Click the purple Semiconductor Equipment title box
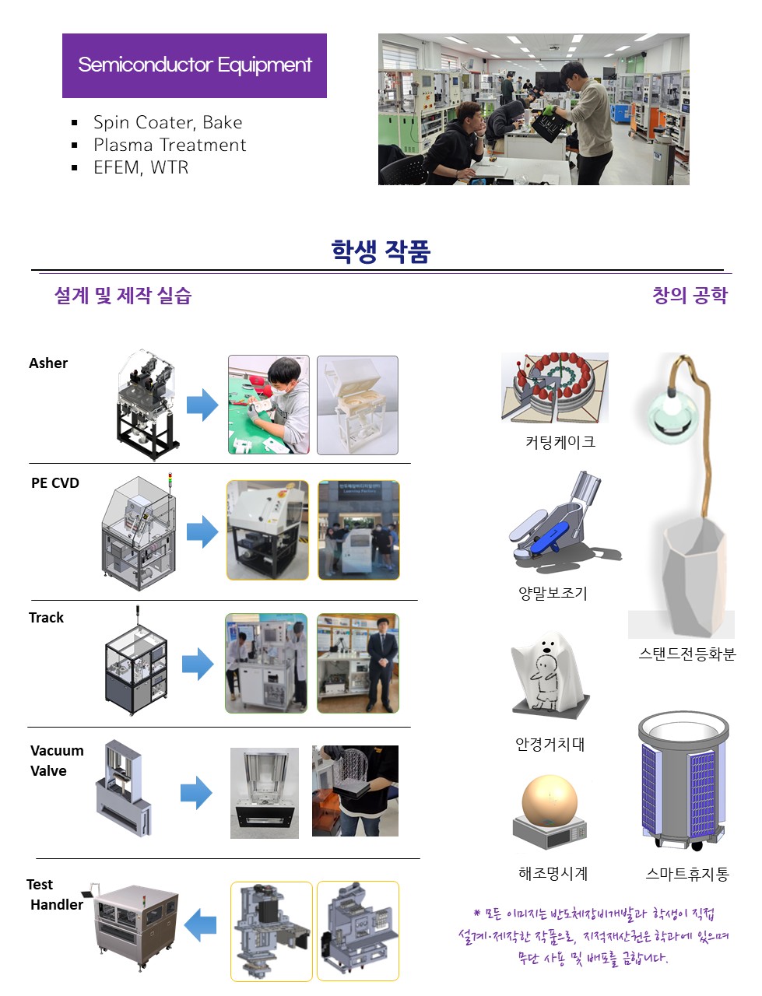tap(195, 65)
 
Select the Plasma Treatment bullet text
tap(170, 146)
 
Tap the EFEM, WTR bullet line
tap(141, 168)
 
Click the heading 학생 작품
tap(381, 251)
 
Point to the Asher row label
tap(48, 363)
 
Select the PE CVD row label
tap(55, 482)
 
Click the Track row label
tap(46, 618)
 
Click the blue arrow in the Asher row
tap(202, 405)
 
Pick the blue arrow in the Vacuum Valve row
tap(196, 793)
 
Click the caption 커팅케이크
tap(560, 441)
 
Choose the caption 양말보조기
tap(553, 593)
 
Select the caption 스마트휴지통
tap(687, 874)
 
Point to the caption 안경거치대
tap(550, 744)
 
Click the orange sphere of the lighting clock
tap(550, 801)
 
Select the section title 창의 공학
tap(690, 296)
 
